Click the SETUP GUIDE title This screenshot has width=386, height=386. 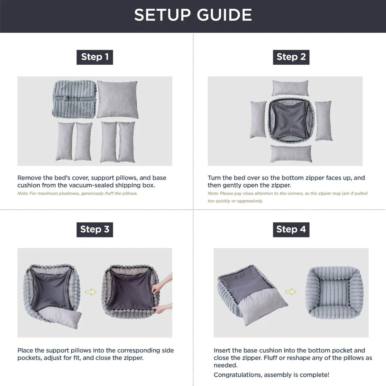tap(193, 15)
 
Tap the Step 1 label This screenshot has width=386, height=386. tap(95, 57)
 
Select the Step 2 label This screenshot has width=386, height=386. tap(291, 57)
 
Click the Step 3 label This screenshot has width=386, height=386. tap(95, 229)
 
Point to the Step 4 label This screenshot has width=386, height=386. tap(291, 229)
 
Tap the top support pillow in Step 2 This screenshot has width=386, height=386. tap(290, 88)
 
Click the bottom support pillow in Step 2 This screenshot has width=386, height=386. tap(291, 153)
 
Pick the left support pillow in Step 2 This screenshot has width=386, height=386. tap(258, 119)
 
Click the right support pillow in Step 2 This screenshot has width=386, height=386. tap(323, 121)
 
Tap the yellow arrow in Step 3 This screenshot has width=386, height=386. tap(91, 292)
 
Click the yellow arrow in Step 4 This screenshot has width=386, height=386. tap(290, 291)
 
